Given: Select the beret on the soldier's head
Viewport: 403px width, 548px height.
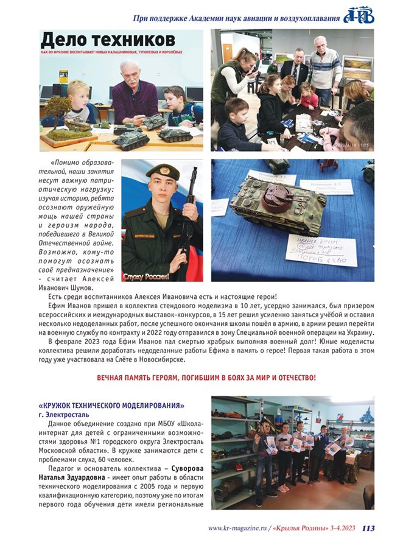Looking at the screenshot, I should (x=163, y=171).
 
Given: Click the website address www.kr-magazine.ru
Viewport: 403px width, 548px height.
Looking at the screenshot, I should (x=239, y=529).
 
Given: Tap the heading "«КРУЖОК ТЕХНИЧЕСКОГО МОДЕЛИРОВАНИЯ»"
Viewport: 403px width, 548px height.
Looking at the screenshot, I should (x=111, y=406).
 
